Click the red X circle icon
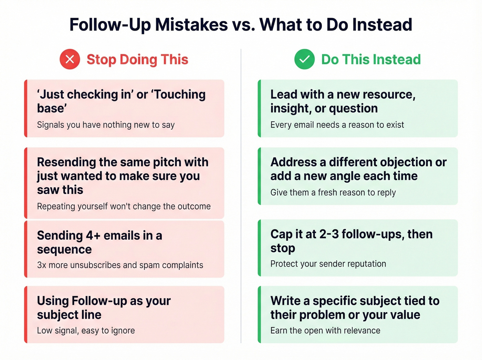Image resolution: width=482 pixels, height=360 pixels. pos(70,59)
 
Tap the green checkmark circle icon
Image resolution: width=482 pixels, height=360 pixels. pos(304,59)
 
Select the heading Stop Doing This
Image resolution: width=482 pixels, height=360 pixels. pos(137,60)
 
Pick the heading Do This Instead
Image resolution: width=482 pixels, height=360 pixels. pos(371,60)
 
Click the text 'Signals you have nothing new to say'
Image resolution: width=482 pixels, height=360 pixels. pos(106,125)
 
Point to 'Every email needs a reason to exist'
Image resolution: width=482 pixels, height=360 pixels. pos(337,125)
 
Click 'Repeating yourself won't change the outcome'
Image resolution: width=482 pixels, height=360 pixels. pos(124,206)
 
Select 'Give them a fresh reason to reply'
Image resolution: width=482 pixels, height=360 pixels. pos(333,193)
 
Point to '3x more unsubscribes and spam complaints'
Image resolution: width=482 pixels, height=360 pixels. pos(120,265)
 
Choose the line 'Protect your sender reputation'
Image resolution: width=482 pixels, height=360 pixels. pos(328,264)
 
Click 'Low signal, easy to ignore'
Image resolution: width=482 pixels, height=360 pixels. pos(86,330)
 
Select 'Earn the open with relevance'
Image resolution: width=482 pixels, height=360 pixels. pos(325,330)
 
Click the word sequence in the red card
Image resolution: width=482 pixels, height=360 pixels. pos(64,250)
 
